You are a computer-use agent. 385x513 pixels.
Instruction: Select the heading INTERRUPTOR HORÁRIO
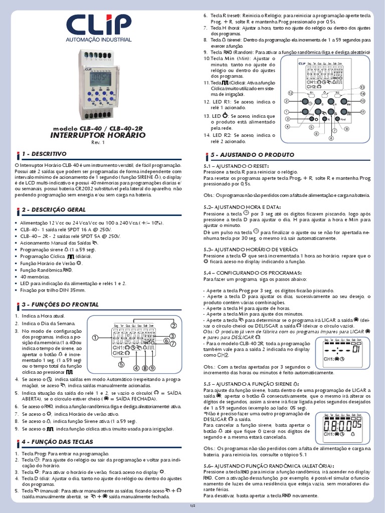point(98,135)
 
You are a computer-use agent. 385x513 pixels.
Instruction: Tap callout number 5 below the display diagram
point(121,365)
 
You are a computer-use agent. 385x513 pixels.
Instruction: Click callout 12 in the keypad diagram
point(290,93)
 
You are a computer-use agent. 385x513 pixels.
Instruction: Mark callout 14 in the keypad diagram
point(362,93)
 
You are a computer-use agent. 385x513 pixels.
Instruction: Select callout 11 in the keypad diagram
point(362,111)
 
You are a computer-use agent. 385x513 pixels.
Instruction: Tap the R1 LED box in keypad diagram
point(311,93)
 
